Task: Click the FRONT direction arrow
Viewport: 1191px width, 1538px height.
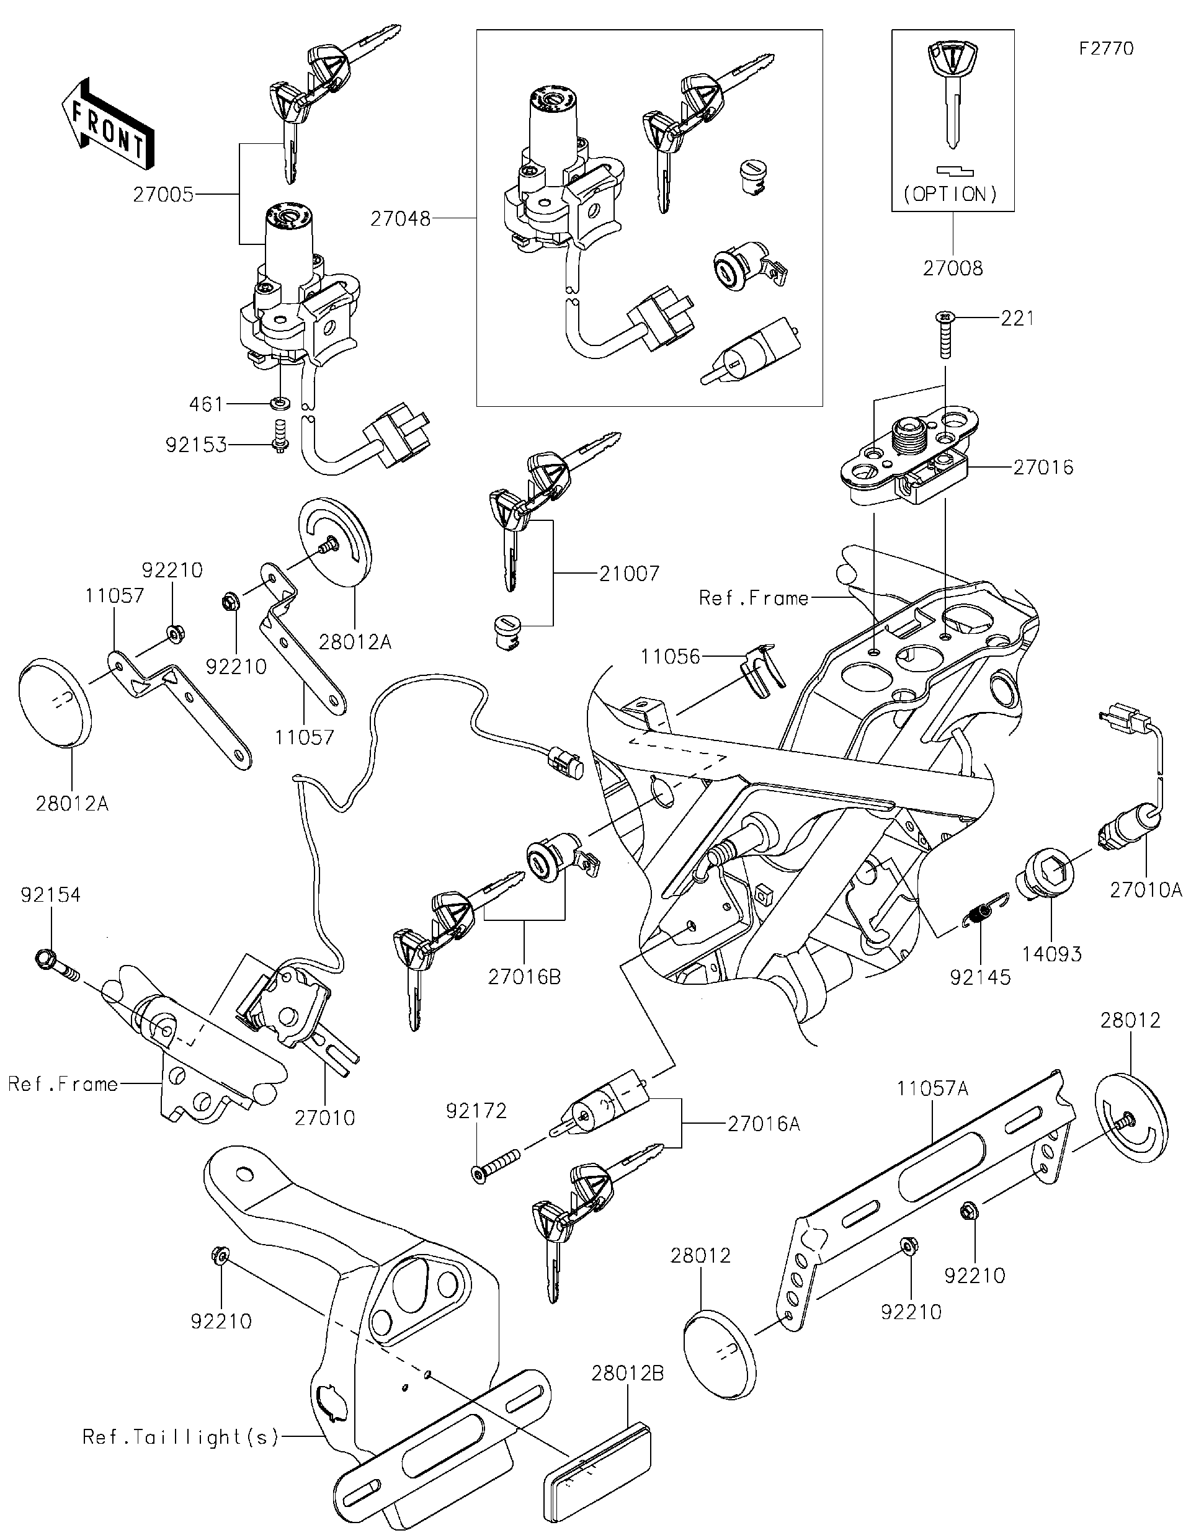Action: (107, 123)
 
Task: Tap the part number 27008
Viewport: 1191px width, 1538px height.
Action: (952, 269)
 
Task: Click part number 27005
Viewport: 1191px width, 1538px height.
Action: (163, 195)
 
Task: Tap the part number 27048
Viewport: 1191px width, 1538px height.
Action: (401, 220)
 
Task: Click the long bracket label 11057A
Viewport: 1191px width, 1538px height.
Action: (932, 1089)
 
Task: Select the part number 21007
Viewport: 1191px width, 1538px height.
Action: (630, 574)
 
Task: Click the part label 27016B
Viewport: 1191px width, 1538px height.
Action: (524, 977)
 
